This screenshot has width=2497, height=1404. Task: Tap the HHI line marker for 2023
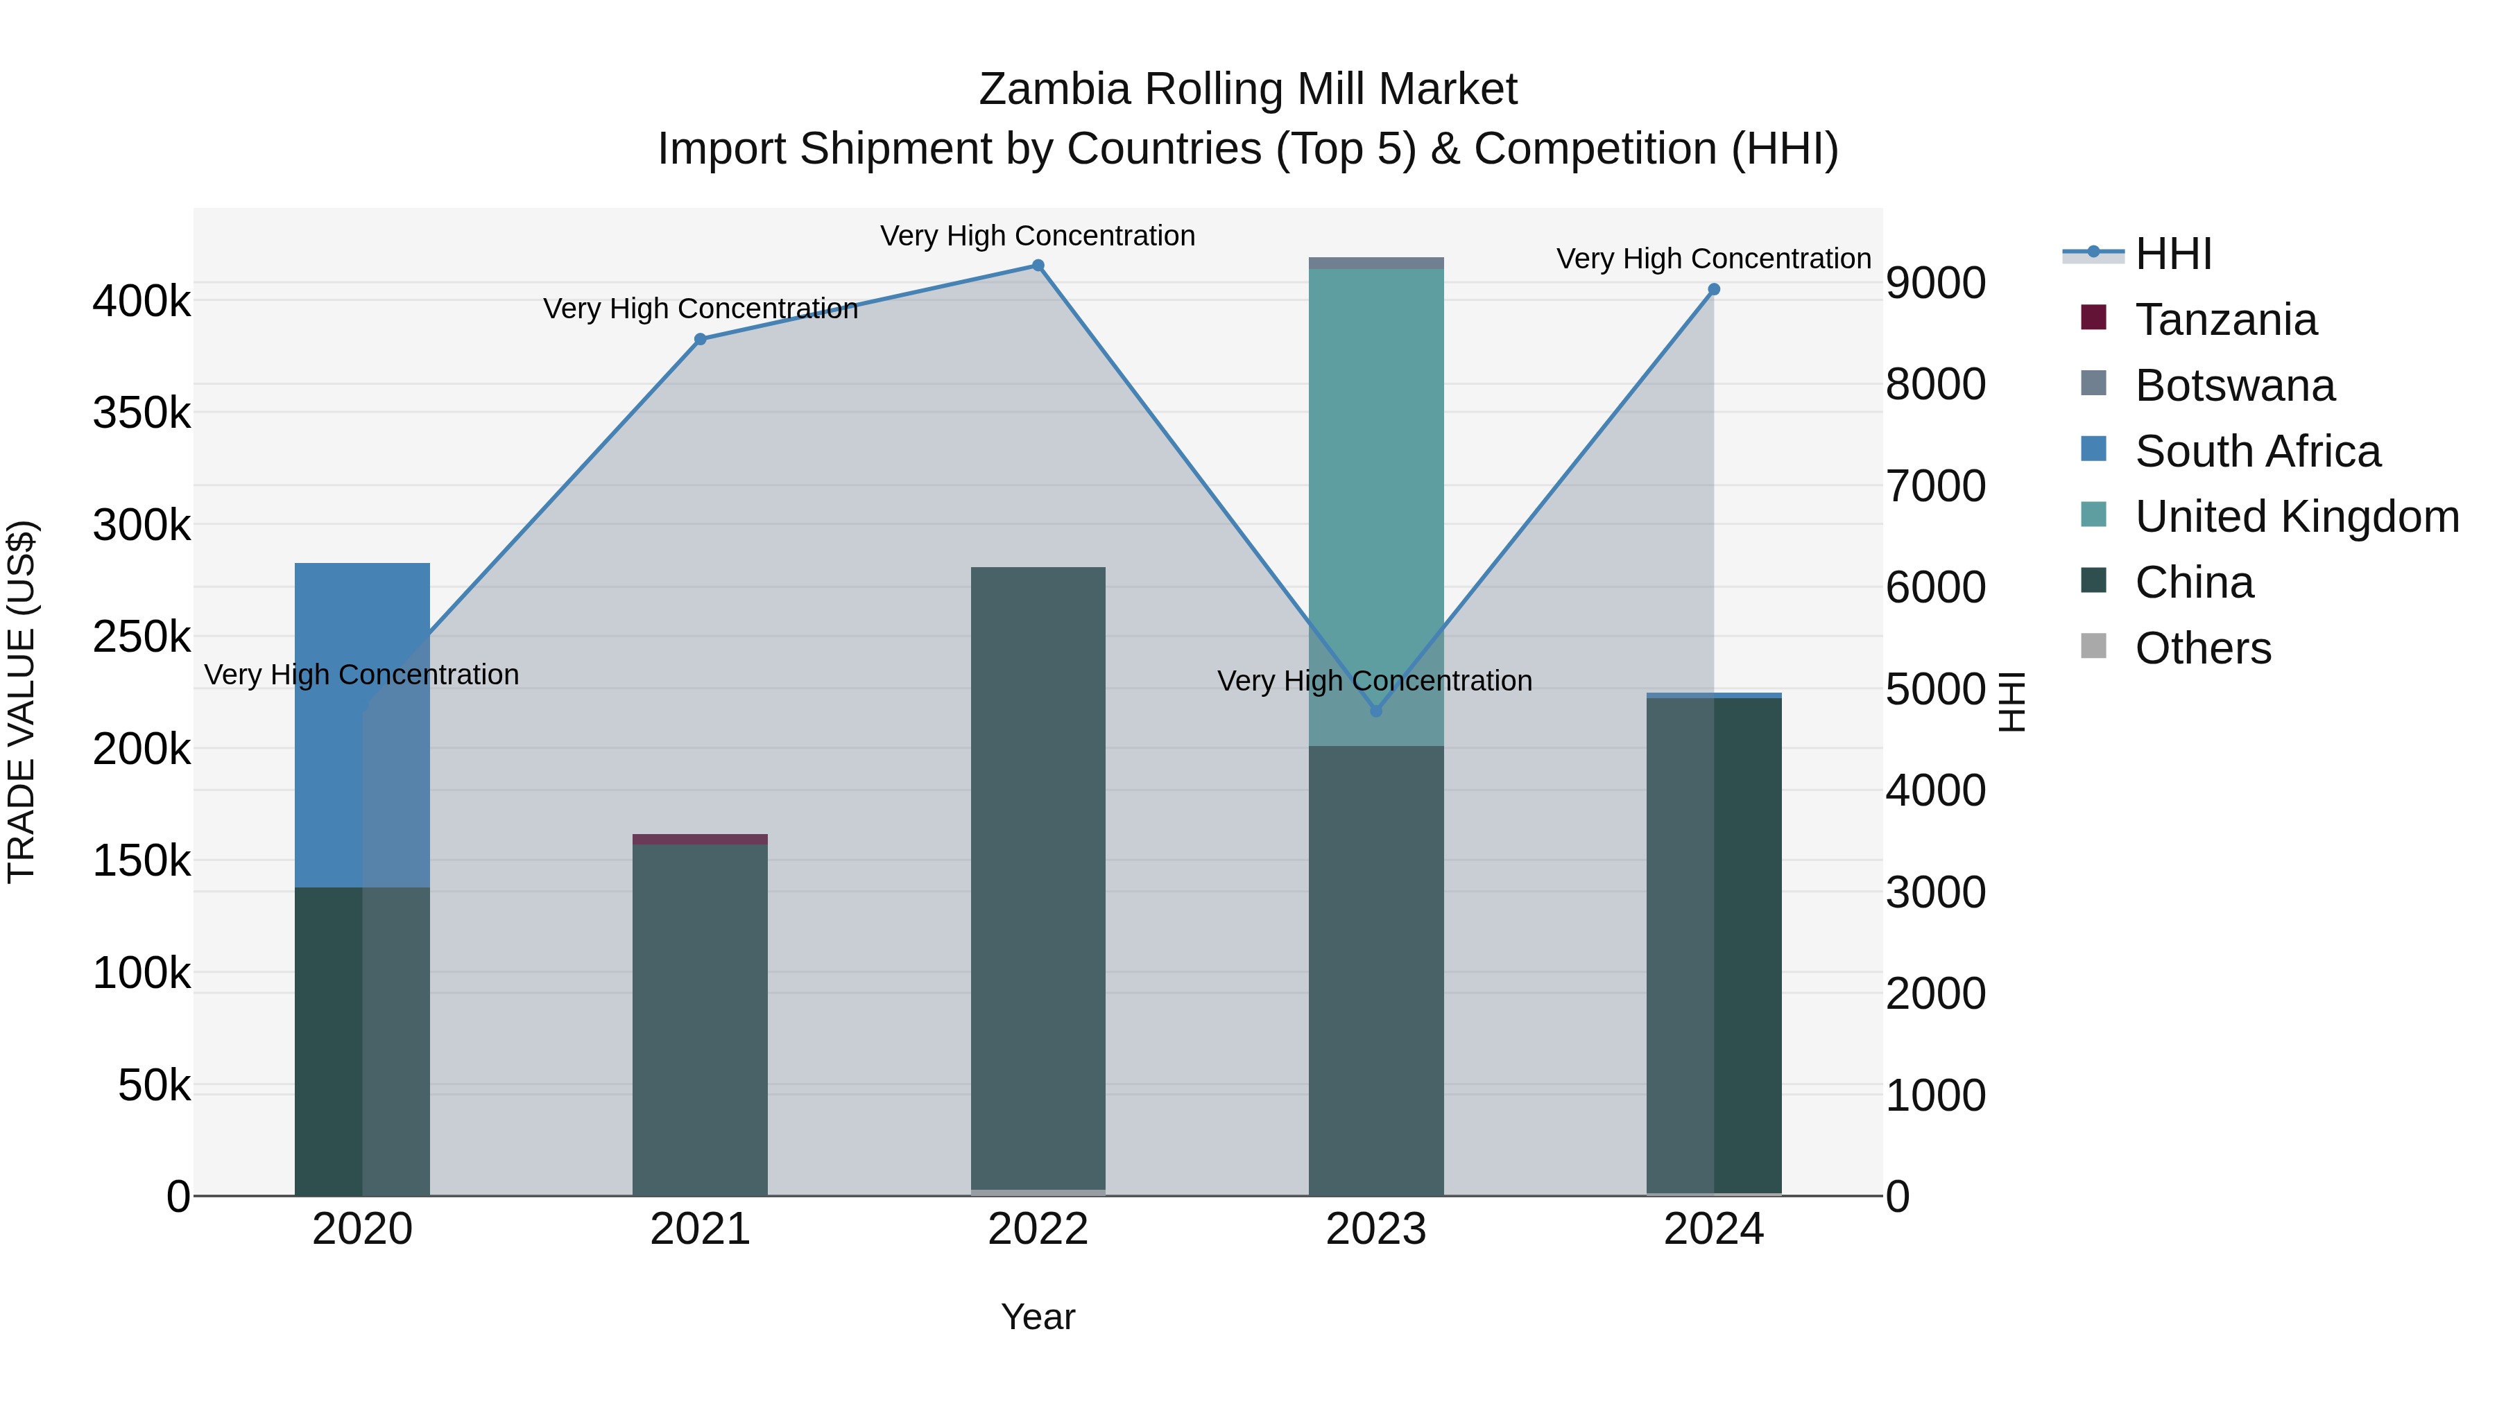tap(1375, 711)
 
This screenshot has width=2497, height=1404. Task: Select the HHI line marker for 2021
tap(700, 339)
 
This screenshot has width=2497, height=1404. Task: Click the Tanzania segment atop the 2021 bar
tap(700, 839)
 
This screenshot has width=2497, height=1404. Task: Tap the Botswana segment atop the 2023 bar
tap(1375, 263)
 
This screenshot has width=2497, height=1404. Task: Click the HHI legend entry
tap(2172, 254)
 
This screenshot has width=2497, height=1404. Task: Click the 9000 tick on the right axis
tap(1934, 283)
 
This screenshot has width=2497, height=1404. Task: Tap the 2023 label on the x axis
tap(1375, 1229)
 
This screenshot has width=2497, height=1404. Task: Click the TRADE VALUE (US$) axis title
tap(22, 702)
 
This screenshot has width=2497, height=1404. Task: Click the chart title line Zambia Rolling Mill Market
tap(1248, 89)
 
